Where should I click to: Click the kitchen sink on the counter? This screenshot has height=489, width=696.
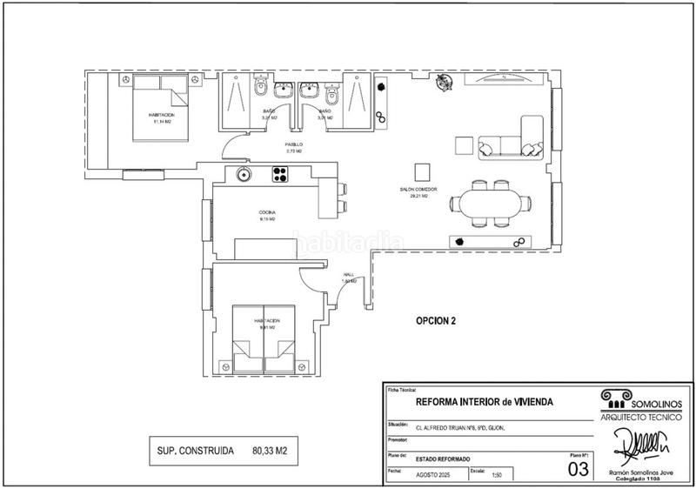click(x=244, y=174)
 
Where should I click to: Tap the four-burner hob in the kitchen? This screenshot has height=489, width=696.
click(x=281, y=175)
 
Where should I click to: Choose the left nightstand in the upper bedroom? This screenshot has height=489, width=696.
click(x=125, y=80)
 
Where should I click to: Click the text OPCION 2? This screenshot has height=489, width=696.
click(x=436, y=320)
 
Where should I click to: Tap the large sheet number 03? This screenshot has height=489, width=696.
click(x=577, y=469)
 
